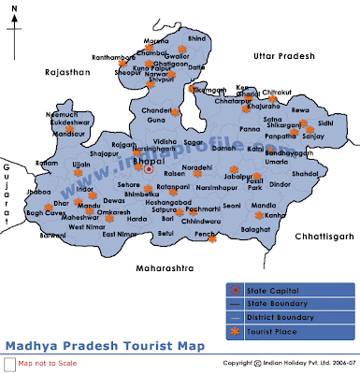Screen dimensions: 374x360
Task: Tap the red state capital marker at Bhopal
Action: [148, 168]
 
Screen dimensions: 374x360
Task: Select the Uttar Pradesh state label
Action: [284, 58]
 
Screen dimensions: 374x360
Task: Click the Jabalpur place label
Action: [239, 177]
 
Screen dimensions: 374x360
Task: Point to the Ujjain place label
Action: [56, 163]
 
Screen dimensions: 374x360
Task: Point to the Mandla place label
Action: [265, 204]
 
